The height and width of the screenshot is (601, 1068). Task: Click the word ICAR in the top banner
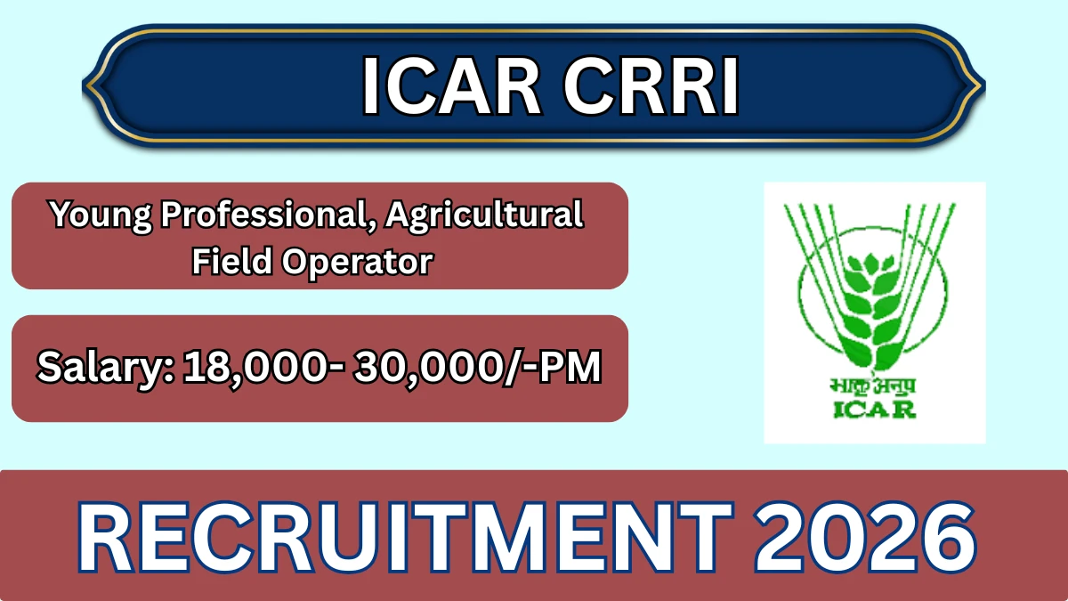451,85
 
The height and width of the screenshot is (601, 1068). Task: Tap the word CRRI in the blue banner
651,85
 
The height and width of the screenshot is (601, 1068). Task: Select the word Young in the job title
101,216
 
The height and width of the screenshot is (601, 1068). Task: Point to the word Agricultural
484,216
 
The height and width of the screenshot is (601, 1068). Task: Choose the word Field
231,261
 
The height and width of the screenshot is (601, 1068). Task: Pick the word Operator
358,263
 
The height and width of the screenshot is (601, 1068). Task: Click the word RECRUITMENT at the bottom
404,538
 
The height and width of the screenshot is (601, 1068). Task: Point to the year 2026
865,538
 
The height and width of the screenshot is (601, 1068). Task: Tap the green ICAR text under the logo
874,410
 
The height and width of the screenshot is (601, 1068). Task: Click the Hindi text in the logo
872,386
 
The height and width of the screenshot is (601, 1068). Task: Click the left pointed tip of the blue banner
83,85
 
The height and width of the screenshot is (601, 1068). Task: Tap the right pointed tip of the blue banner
985,85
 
